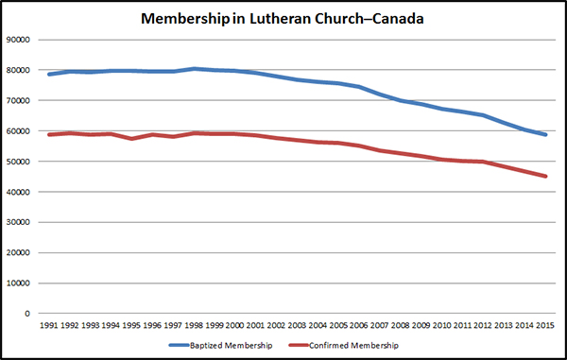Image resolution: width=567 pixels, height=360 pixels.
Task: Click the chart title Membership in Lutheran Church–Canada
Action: click(x=282, y=18)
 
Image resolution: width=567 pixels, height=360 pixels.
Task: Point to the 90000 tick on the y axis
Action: click(x=18, y=40)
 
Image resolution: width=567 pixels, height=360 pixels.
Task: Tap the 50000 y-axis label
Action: click(x=18, y=162)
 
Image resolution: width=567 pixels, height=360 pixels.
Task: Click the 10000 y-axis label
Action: click(x=18, y=283)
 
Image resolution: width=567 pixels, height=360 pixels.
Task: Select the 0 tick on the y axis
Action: click(x=27, y=314)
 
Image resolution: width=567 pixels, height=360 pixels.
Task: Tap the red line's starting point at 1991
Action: click(x=49, y=134)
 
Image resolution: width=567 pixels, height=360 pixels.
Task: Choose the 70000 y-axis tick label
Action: click(x=18, y=101)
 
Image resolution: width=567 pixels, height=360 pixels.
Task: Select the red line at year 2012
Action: click(x=482, y=162)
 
